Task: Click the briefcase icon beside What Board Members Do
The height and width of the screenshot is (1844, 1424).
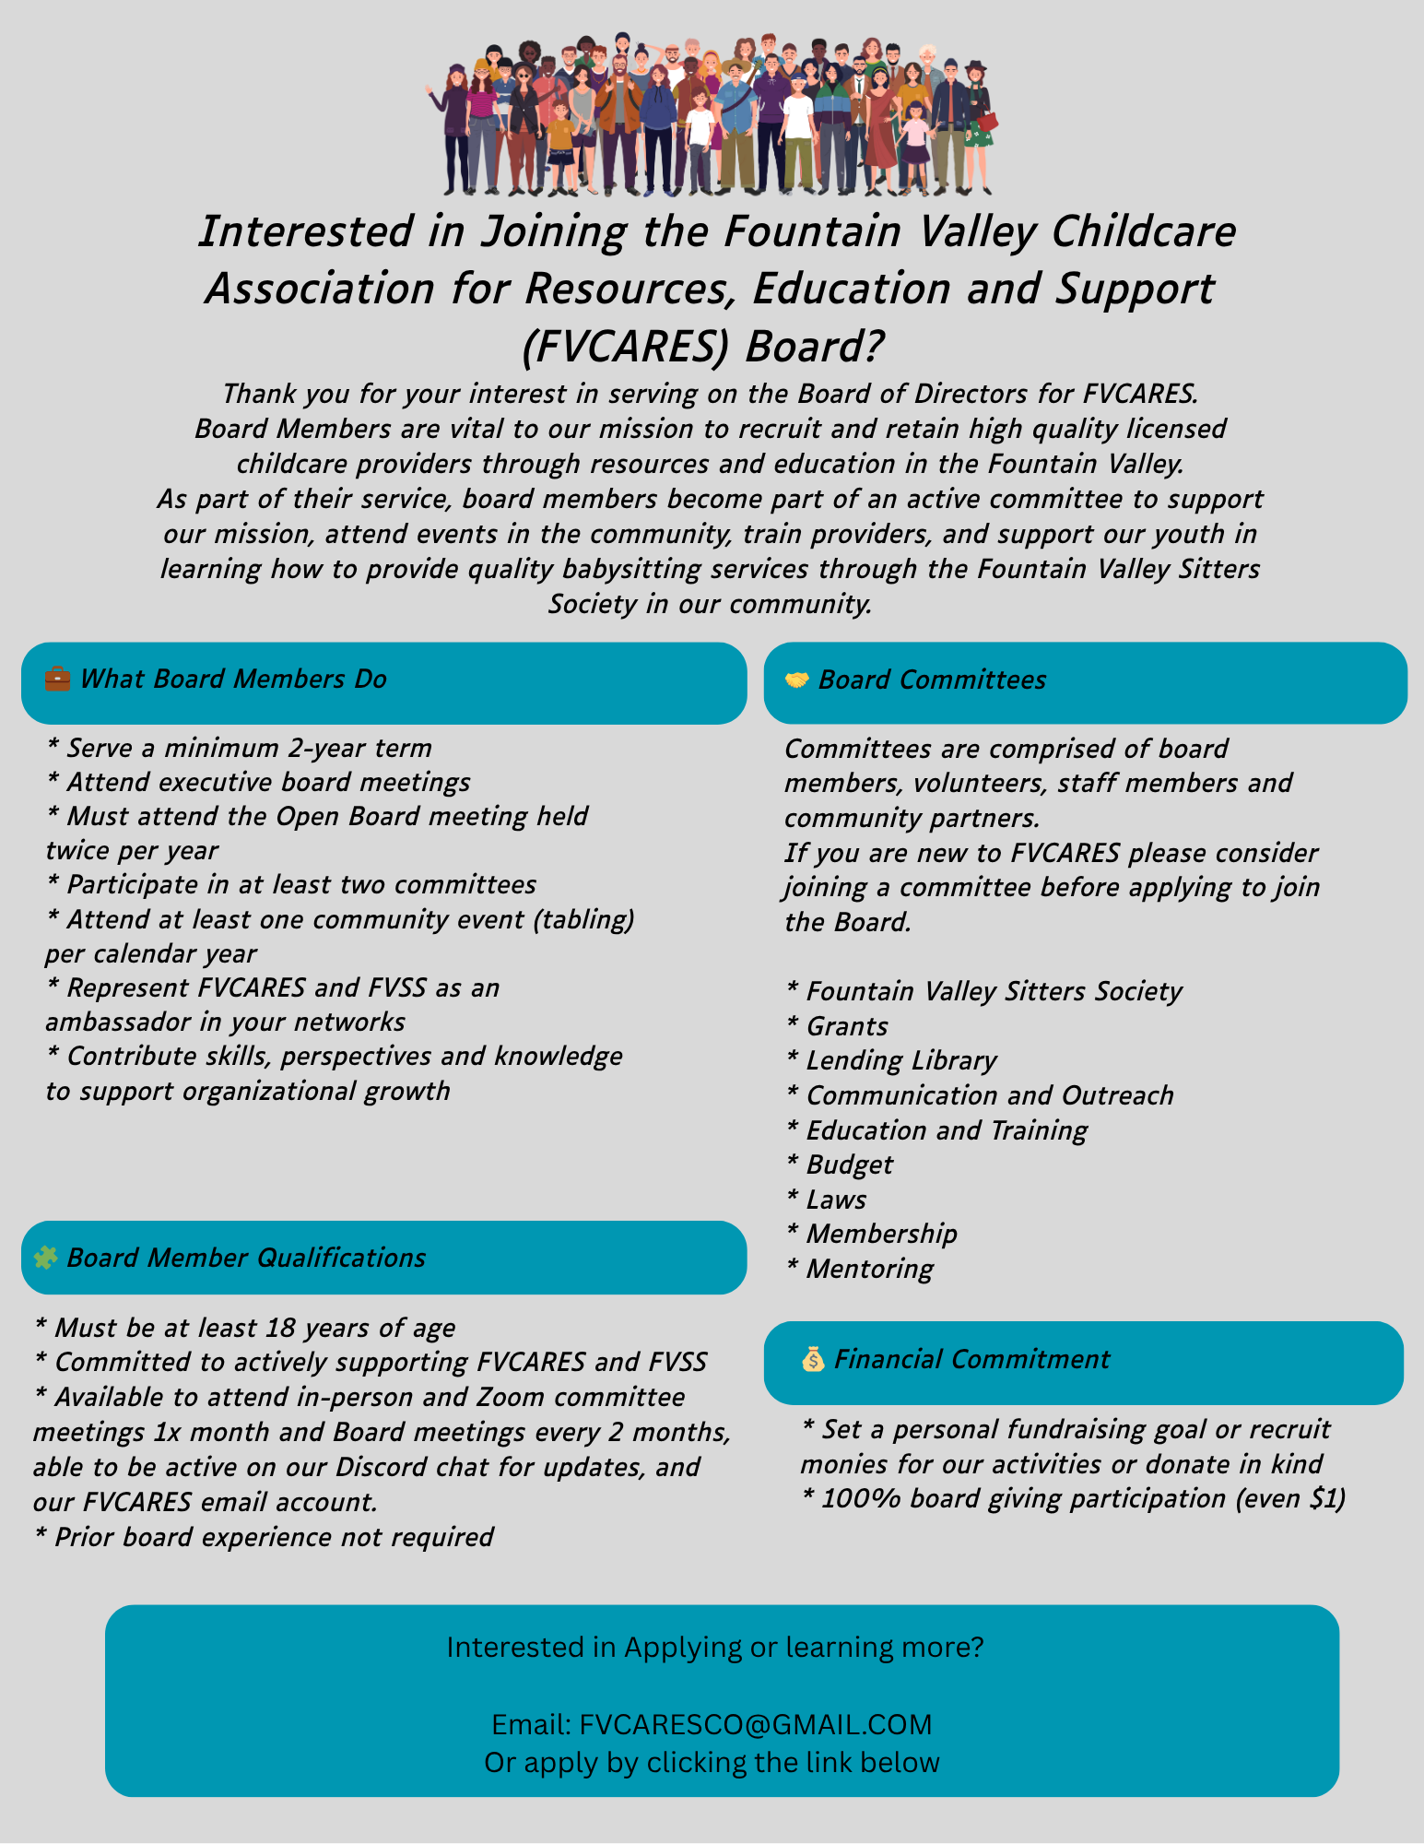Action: (x=57, y=680)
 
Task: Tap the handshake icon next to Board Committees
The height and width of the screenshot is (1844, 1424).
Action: (x=796, y=680)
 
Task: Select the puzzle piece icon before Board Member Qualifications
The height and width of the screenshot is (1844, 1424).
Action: (x=45, y=1258)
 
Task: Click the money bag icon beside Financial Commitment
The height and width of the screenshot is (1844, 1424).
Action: (x=812, y=1359)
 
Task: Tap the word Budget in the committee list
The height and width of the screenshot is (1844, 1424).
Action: (x=849, y=1164)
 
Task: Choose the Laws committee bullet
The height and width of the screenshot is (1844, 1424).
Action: (x=836, y=1200)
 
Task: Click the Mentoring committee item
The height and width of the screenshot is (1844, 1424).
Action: (x=869, y=1269)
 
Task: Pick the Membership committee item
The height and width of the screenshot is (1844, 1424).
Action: (x=881, y=1234)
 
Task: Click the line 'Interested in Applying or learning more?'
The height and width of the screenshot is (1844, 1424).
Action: (x=715, y=1648)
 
